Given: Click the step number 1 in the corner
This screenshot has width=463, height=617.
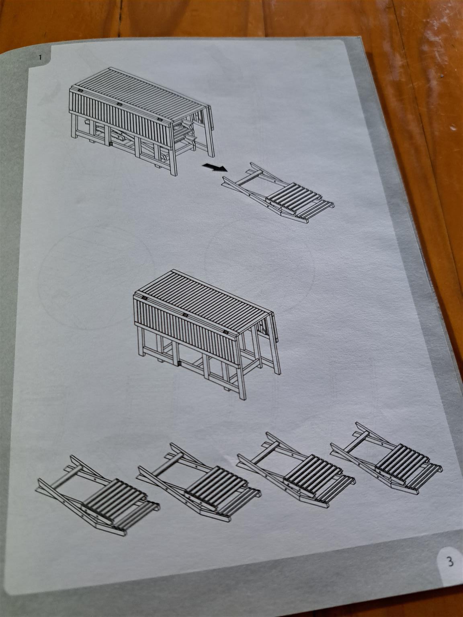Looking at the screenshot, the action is pyautogui.click(x=40, y=57).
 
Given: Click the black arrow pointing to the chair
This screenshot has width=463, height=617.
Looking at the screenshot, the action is pyautogui.click(x=214, y=167).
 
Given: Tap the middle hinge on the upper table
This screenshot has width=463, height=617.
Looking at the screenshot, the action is pyautogui.click(x=119, y=104).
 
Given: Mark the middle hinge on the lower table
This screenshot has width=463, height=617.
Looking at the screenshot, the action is pyautogui.click(x=185, y=315).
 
